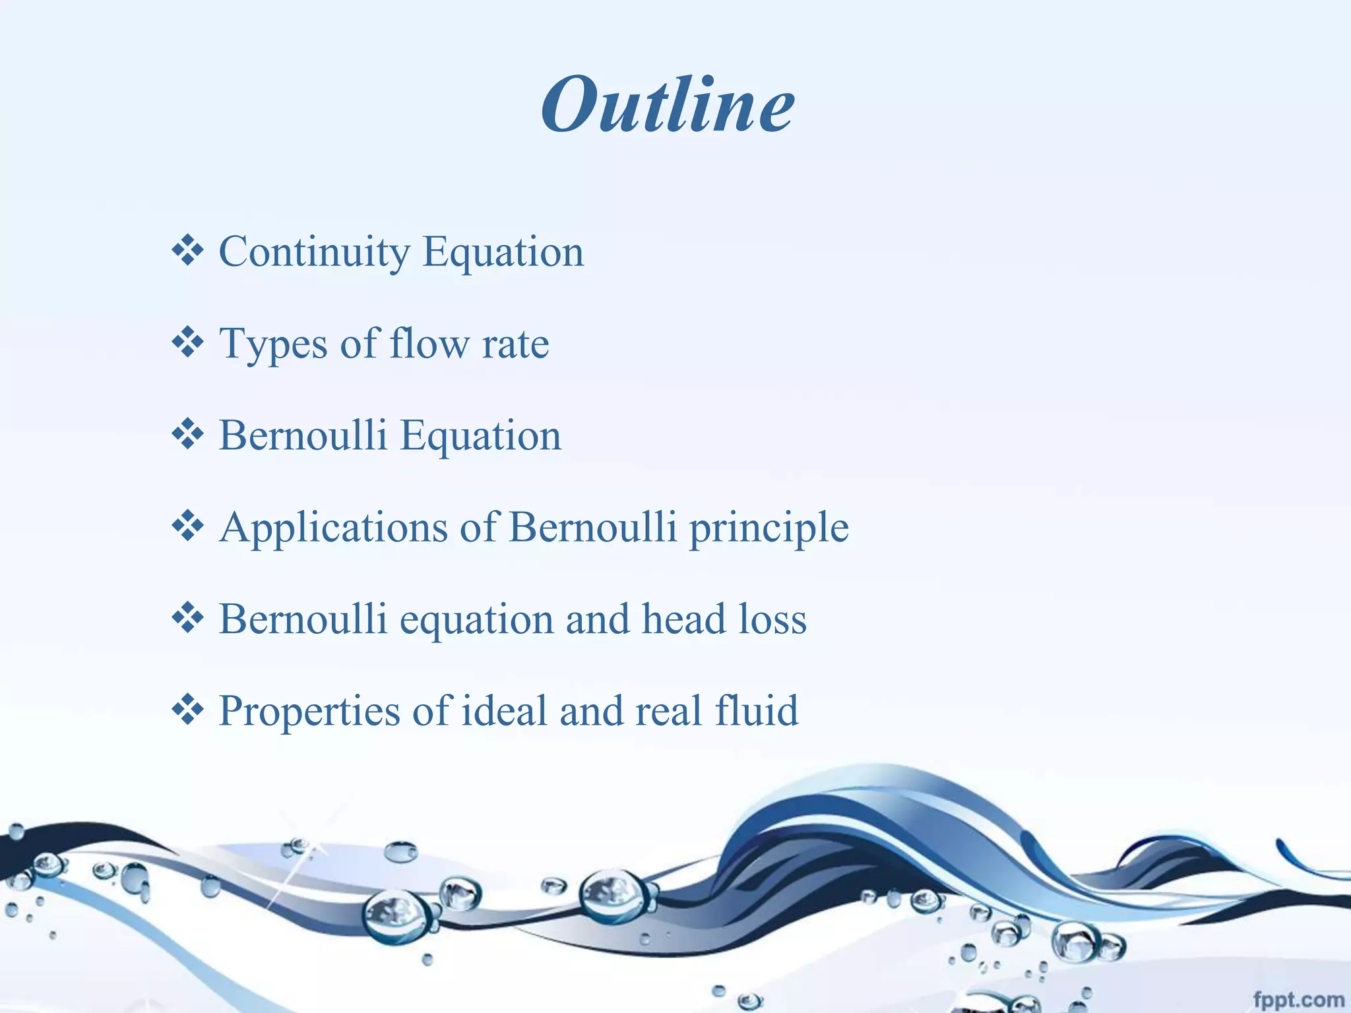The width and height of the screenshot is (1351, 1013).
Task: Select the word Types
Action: (x=272, y=345)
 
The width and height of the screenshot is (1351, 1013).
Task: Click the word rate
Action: (x=515, y=345)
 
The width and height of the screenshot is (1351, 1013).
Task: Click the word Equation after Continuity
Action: (x=503, y=253)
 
